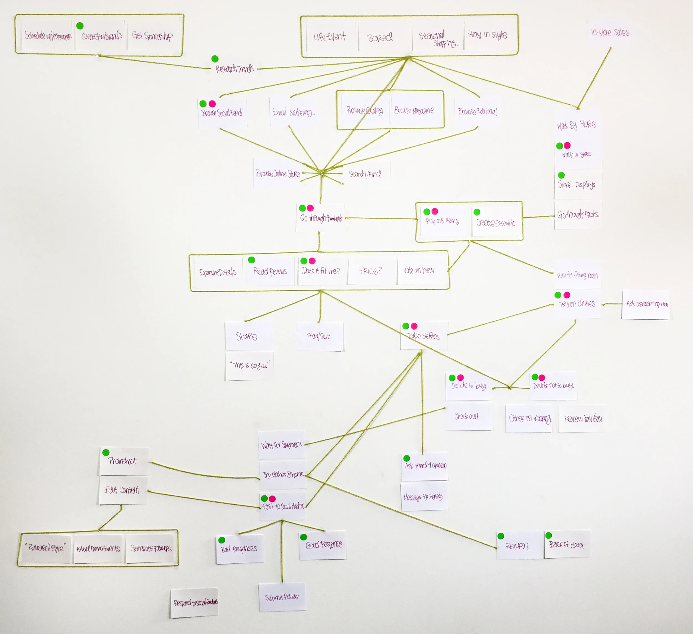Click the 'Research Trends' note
235,68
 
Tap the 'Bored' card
380,37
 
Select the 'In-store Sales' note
610,33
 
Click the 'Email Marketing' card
293,112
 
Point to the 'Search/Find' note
365,174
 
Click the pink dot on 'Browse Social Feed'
212,103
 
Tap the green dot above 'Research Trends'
215,59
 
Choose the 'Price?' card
371,271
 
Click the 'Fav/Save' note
319,336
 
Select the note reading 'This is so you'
249,365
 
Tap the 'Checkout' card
467,416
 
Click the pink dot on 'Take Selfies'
414,326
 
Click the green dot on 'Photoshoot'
106,453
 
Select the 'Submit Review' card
282,597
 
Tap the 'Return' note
518,546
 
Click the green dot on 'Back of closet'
549,535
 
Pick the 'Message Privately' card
424,497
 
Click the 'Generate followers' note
151,548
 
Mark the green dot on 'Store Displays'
561,175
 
